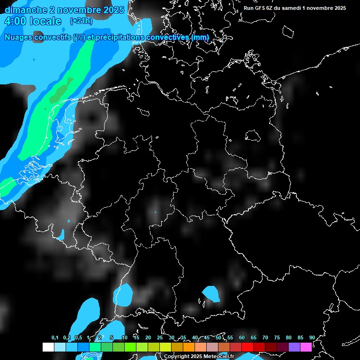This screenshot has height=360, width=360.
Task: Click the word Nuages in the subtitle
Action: [19, 37]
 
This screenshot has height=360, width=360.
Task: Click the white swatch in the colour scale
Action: [48, 347]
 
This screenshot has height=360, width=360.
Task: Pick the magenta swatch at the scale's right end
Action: [306, 347]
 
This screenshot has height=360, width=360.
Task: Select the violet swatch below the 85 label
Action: [294, 347]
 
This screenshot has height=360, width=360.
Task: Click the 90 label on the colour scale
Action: [312, 337]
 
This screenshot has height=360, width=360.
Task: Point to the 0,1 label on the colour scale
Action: [55, 337]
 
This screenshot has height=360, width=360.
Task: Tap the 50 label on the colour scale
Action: [218, 337]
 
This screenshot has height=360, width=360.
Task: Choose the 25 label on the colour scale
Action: [159, 337]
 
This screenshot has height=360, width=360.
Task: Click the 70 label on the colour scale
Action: [265, 337]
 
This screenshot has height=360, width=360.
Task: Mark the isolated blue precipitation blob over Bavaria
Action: [211, 294]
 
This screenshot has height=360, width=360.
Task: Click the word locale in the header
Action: [45, 21]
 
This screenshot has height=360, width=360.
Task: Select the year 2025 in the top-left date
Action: [112, 10]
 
